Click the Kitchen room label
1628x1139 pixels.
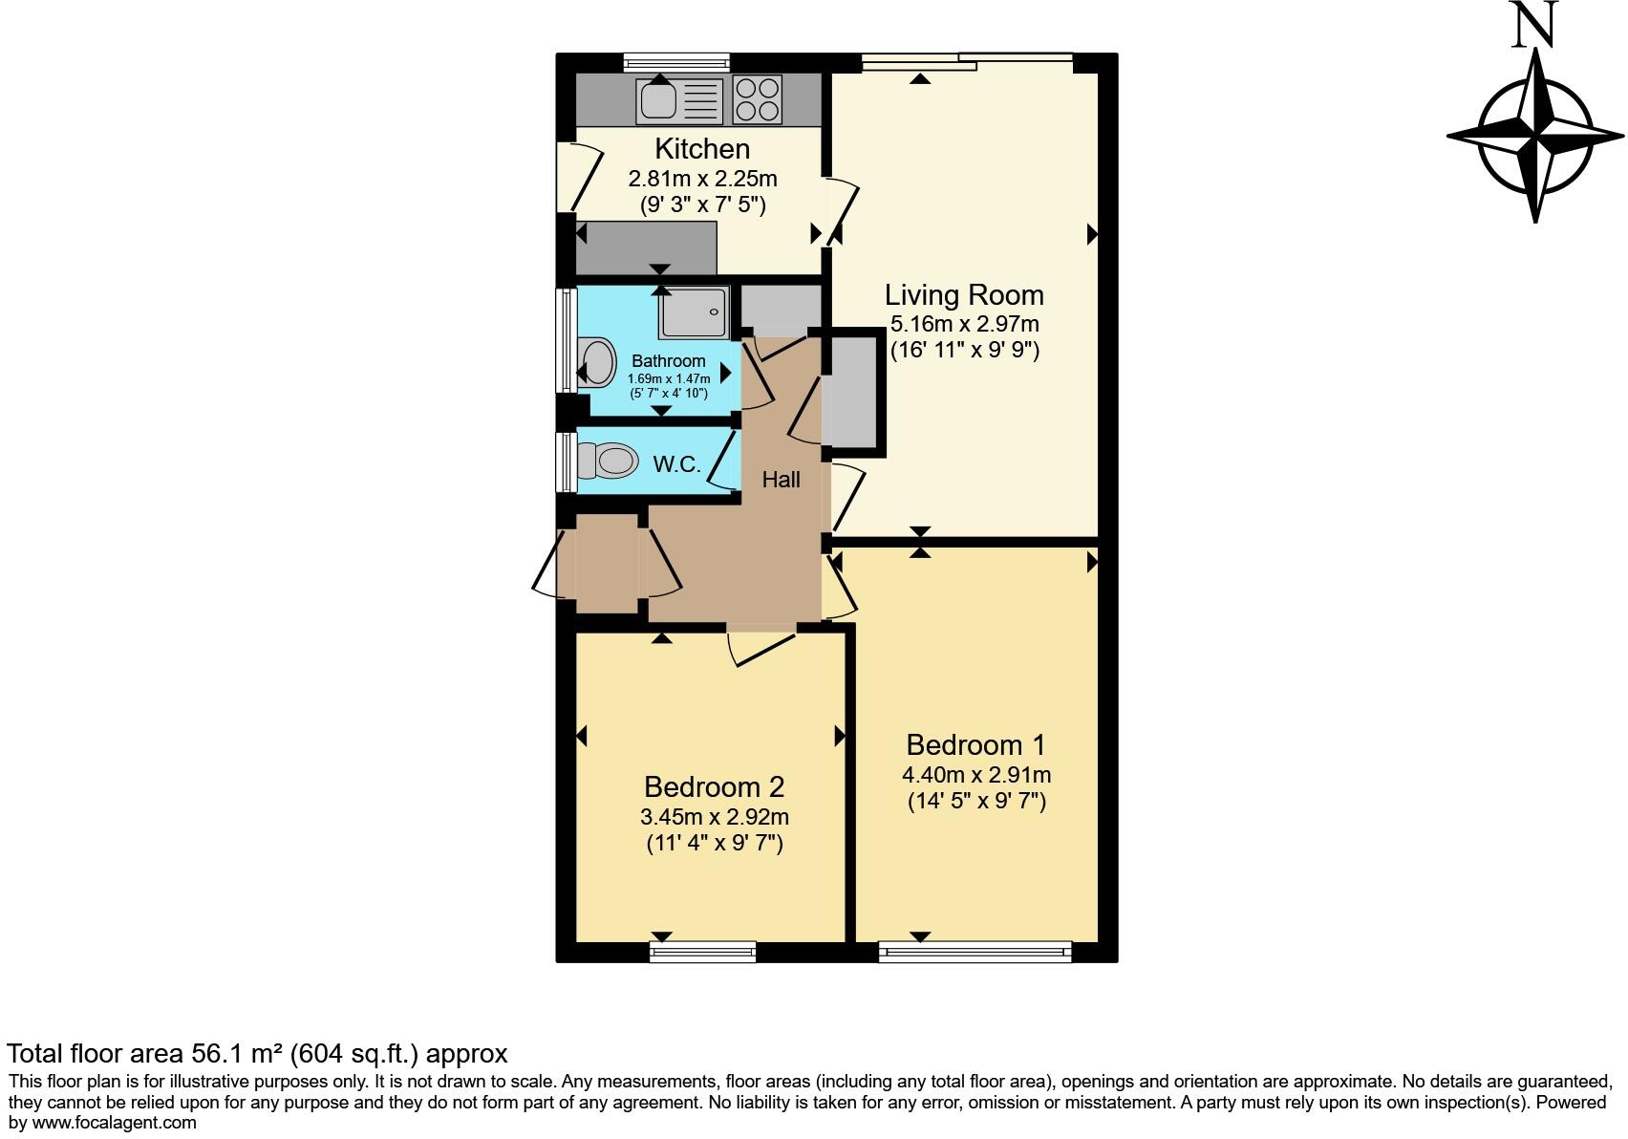click(x=702, y=149)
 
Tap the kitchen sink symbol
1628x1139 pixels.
click(x=658, y=99)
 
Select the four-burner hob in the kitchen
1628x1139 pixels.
click(x=757, y=99)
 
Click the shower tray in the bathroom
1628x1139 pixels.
click(x=695, y=312)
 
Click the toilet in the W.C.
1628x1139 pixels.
click(x=612, y=462)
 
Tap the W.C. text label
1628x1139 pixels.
click(x=676, y=465)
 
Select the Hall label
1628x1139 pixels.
click(x=781, y=480)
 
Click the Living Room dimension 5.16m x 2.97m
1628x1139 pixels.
click(x=964, y=324)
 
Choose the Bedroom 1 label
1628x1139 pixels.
click(x=975, y=744)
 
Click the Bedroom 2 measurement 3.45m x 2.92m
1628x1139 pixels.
click(x=714, y=817)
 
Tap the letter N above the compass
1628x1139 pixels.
click(x=1534, y=25)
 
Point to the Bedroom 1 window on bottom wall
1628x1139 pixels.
click(x=975, y=951)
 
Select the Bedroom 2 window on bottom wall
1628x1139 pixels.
click(x=702, y=951)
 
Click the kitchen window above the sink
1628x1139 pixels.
click(x=676, y=62)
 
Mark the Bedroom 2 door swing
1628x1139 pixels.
click(x=760, y=647)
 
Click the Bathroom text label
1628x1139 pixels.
click(x=668, y=361)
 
